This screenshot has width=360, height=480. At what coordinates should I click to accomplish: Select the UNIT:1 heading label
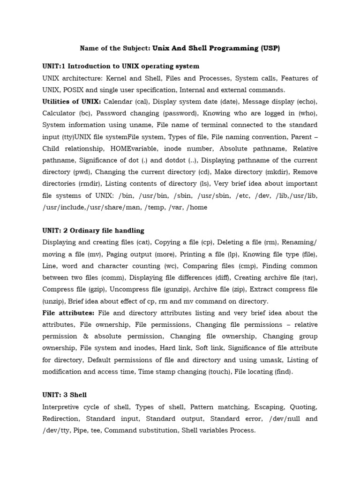coord(54,66)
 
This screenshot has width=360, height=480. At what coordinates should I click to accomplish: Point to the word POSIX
coord(72,90)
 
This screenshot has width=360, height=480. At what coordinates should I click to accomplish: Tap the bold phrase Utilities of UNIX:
coord(72,101)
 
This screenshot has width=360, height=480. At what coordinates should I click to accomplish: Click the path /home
coord(196,207)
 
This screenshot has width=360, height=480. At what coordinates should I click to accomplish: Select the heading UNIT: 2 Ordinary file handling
coord(93,231)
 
